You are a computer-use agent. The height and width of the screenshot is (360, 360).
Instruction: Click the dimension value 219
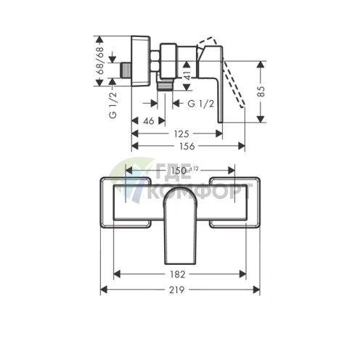(176, 290)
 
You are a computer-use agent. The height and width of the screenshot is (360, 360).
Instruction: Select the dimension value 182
(177, 274)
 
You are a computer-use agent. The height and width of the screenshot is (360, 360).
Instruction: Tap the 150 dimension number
(179, 171)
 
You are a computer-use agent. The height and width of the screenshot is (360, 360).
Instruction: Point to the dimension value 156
(187, 146)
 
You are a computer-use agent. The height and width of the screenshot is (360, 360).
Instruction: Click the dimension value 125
(181, 134)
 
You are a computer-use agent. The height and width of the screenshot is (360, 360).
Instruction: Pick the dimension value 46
(149, 120)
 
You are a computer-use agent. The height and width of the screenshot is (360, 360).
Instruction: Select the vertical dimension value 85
(261, 91)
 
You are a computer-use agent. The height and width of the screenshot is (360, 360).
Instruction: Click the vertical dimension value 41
(187, 75)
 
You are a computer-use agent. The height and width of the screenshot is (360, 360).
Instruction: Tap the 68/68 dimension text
(99, 61)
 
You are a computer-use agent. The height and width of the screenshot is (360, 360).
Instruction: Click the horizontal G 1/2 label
(201, 104)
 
